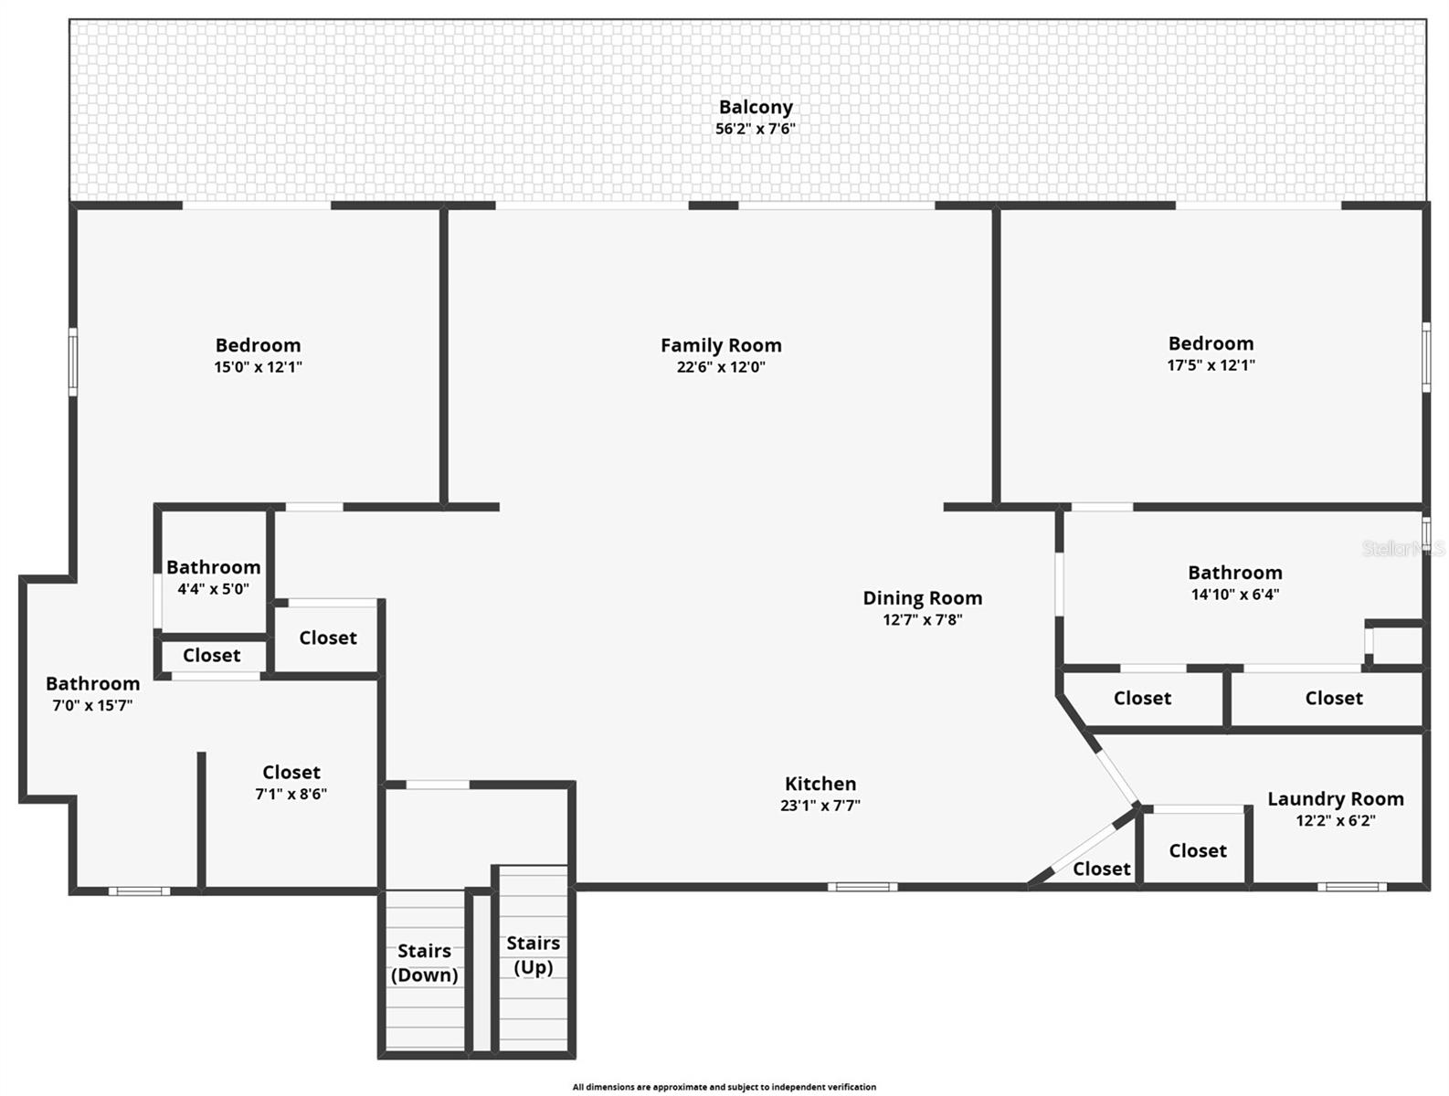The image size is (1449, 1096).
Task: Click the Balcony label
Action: pos(756,108)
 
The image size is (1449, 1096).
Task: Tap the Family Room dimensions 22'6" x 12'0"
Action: pos(721,367)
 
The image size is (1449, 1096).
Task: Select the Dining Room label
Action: pos(923,598)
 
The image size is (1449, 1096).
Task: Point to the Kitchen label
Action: pos(820,784)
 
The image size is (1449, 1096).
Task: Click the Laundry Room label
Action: pos(1335,799)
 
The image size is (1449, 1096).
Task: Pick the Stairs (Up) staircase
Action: pos(534,959)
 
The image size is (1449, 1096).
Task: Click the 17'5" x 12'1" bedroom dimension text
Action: pos(1211,365)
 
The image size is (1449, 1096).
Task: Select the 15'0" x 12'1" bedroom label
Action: pos(258,345)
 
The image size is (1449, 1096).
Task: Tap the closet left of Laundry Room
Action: pos(1197,850)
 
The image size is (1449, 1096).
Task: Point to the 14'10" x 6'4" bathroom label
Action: pos(1234,573)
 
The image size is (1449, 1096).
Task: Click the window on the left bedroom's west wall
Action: pos(73,363)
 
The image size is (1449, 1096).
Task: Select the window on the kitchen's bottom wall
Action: pos(862,887)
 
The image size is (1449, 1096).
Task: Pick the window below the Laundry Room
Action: pos(1351,887)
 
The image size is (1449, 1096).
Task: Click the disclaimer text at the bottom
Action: pos(724,1087)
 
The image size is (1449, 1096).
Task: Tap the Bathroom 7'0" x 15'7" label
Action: pos(93,684)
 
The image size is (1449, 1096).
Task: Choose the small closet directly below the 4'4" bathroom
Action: pos(212,655)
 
